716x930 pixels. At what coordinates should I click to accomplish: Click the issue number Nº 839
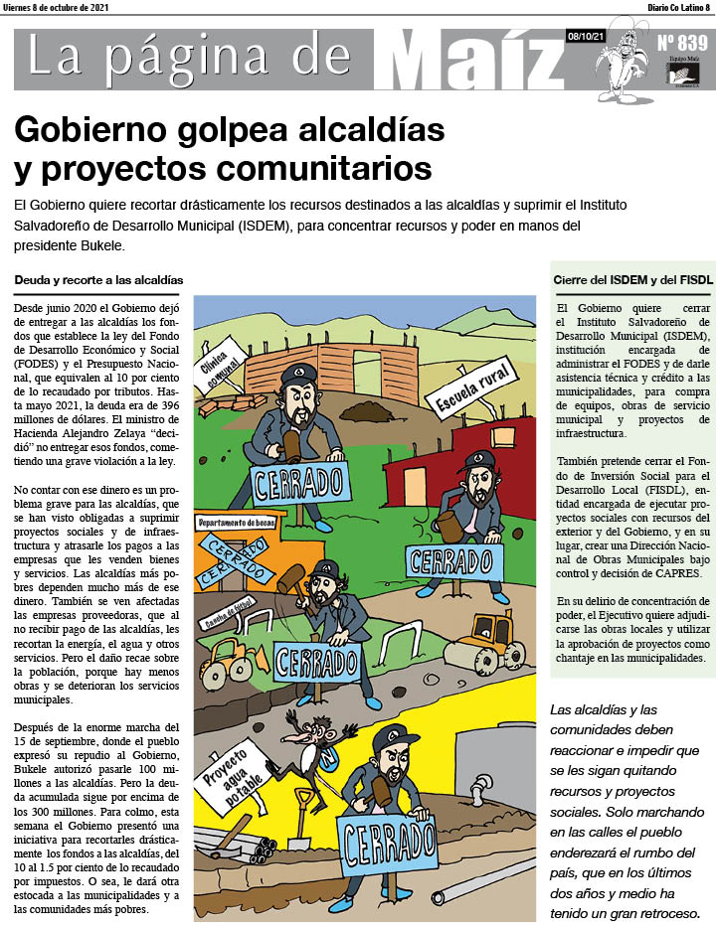(x=682, y=44)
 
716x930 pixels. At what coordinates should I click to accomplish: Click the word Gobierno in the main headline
(x=94, y=130)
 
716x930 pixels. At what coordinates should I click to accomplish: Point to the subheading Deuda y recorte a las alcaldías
(x=98, y=280)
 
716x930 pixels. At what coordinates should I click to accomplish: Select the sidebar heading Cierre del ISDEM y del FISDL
(x=632, y=280)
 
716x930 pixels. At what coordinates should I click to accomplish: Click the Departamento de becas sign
(x=236, y=524)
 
